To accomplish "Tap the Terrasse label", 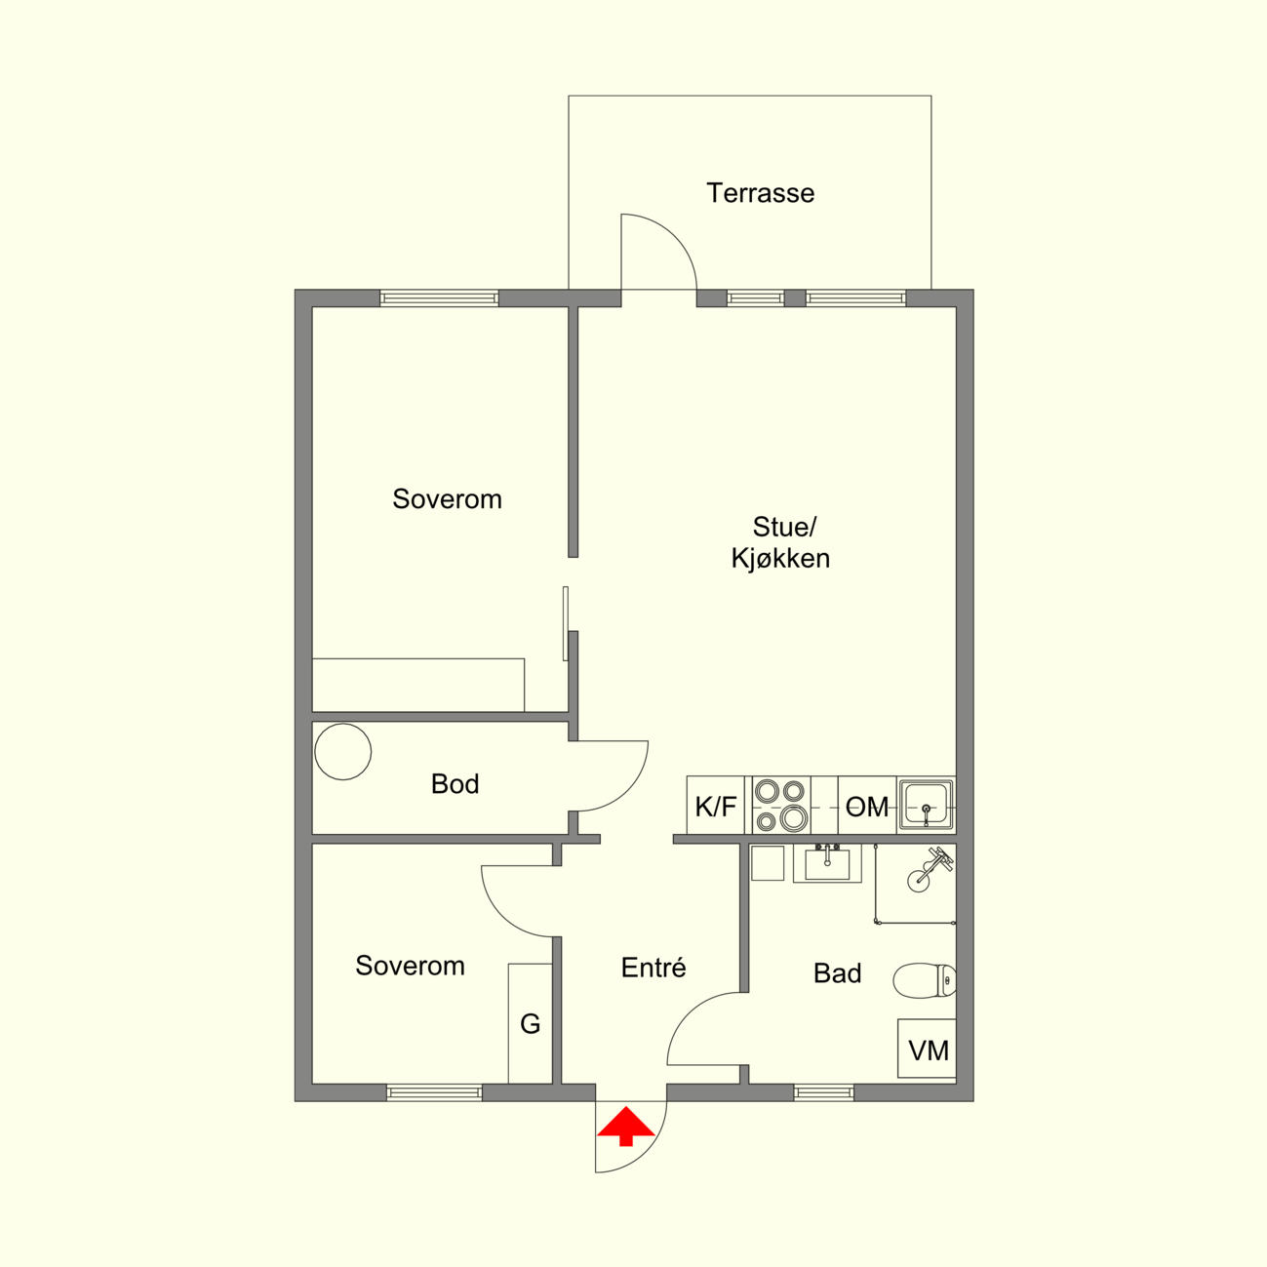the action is [x=760, y=193].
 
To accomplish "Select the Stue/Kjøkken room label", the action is [x=781, y=542].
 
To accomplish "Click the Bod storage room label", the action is [x=455, y=784].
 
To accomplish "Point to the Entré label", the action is [x=653, y=968].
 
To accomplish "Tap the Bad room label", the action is [x=837, y=973].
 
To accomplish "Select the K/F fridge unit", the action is [x=715, y=806].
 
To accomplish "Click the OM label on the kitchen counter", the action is [x=866, y=807].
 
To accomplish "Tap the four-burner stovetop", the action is [x=780, y=806].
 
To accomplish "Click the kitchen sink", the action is [x=926, y=805].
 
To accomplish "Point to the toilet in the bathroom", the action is [x=925, y=980].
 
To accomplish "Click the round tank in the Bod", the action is [x=343, y=752].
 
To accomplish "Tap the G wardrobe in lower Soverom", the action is [x=530, y=1024].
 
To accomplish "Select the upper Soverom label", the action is [x=447, y=499].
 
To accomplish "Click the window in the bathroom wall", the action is [x=824, y=1092].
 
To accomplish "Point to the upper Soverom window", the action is [x=439, y=298].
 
